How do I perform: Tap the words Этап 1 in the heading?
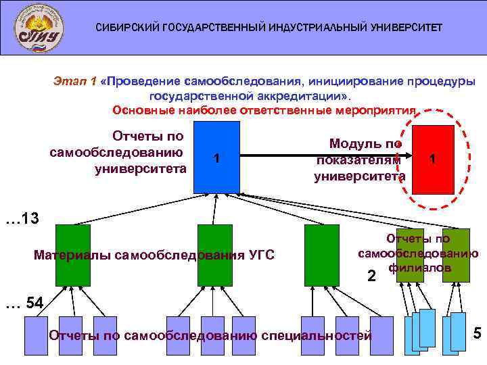coord(75,82)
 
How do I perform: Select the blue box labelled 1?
coord(216,157)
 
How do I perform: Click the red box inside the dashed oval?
coord(432,159)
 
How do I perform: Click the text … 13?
coord(22,219)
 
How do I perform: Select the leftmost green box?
coord(72,255)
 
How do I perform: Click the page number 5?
coord(476,333)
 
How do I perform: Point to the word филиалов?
coord(419,268)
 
